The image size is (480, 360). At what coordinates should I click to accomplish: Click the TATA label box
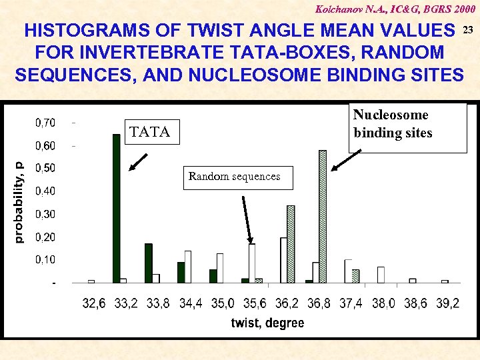click(151, 131)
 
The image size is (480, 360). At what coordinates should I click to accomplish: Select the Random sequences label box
click(234, 177)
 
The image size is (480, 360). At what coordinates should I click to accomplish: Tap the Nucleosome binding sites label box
click(407, 125)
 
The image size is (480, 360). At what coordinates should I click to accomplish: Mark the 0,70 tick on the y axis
click(45, 123)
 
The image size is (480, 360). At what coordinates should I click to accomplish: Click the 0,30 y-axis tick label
click(45, 214)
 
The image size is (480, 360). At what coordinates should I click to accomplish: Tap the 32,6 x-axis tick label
click(93, 303)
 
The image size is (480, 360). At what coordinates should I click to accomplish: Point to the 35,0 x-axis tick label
click(222, 303)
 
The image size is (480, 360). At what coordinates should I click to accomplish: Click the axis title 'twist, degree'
click(267, 323)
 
